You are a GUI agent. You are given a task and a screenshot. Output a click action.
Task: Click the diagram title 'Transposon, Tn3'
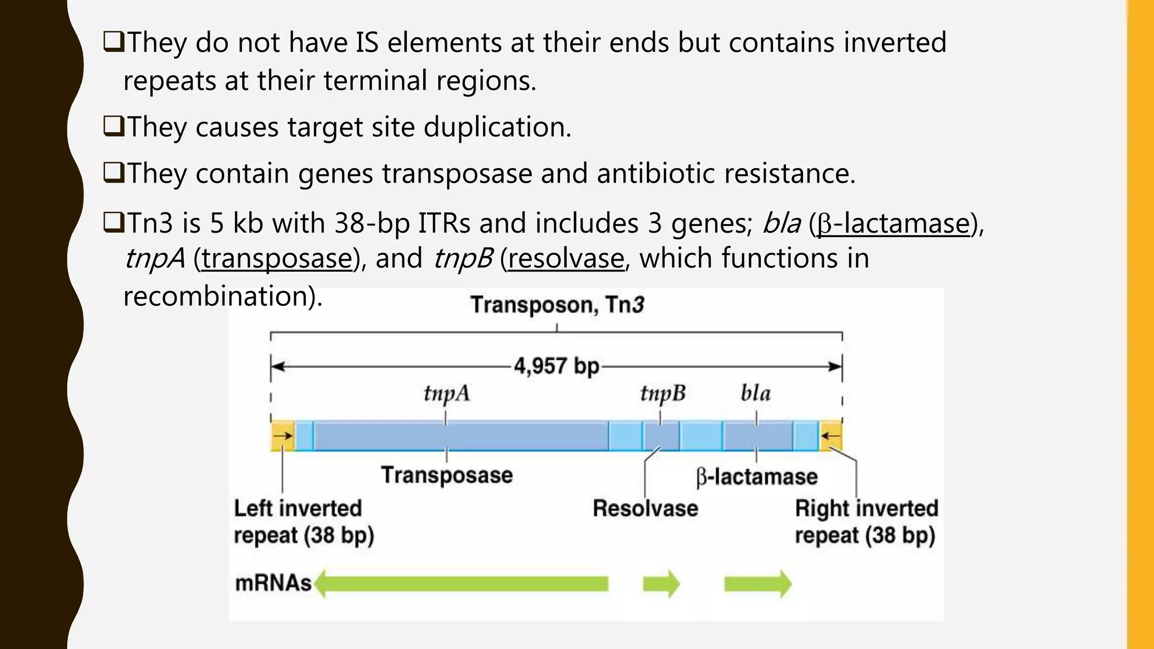point(557,305)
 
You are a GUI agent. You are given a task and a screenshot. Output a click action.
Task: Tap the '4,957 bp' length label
point(556,366)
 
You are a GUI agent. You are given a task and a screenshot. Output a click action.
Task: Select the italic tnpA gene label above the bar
point(446,393)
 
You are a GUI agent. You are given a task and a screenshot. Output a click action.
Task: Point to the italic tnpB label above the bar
point(663,393)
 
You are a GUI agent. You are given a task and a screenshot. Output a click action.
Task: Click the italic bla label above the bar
point(755,393)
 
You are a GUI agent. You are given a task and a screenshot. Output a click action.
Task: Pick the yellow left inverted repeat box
point(282,435)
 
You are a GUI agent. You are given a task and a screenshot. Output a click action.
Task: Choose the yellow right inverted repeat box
point(831,435)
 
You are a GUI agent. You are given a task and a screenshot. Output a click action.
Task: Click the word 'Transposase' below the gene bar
point(447,475)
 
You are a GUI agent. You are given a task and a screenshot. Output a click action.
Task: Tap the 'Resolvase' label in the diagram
point(645,508)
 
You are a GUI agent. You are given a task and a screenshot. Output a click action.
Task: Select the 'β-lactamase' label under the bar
point(757,477)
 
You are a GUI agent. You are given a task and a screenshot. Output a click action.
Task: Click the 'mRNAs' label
point(273,583)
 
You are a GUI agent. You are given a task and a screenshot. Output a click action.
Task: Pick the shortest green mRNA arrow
point(661,584)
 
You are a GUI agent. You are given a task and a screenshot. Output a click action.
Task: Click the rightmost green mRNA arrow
point(757,584)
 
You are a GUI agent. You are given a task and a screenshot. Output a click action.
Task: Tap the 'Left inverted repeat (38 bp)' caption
point(304,522)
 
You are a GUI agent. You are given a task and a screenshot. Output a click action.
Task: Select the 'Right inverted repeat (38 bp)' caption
point(866,522)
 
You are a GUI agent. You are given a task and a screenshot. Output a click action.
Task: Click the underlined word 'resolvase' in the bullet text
point(566,259)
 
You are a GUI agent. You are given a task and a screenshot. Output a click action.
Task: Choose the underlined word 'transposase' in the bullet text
point(277,259)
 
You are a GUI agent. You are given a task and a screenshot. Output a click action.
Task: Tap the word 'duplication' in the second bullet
point(496,127)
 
